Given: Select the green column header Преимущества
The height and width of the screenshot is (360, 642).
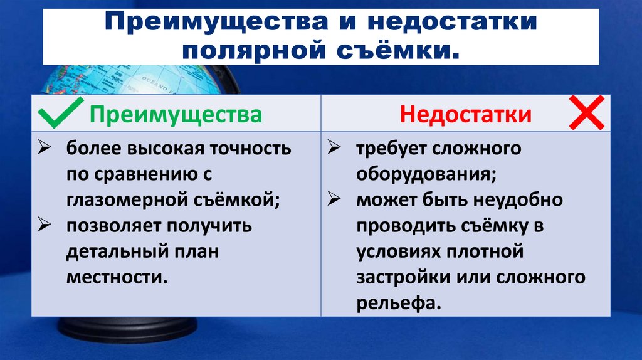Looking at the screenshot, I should coord(176,115).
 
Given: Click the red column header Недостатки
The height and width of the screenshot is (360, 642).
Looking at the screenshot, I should coord(466,115).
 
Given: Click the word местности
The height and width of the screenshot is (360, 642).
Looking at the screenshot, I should coord(117,276).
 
